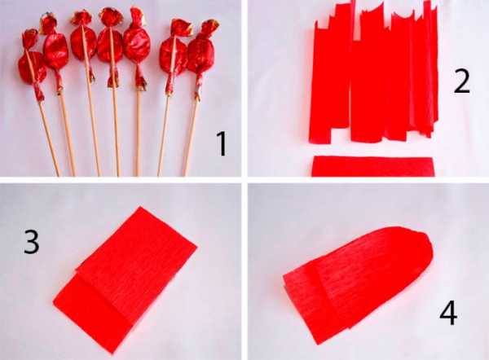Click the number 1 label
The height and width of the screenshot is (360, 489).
(x=221, y=143)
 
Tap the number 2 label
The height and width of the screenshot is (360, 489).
(x=461, y=81)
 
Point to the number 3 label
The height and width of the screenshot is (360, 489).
(x=32, y=242)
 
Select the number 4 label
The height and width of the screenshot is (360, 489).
(x=448, y=313)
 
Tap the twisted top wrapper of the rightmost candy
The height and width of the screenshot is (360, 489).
(x=208, y=29)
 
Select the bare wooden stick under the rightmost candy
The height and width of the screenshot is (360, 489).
(x=191, y=138)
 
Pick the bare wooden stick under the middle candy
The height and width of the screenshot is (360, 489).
(x=116, y=131)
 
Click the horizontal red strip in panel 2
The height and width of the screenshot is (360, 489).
(x=373, y=166)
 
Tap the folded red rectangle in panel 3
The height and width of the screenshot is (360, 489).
(x=125, y=279)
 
